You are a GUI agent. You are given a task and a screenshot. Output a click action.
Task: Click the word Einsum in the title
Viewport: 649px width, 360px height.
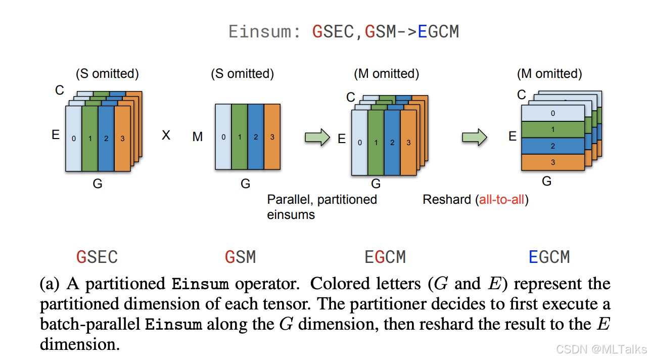coord(260,32)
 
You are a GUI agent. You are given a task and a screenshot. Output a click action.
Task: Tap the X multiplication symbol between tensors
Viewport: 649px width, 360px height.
coord(166,136)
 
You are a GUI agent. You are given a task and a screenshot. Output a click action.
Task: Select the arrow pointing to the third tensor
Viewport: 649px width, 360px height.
coord(317,137)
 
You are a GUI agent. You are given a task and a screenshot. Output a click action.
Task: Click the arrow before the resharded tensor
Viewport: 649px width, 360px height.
coord(475,137)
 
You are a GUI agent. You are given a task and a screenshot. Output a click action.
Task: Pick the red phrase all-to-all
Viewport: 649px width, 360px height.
coord(502,200)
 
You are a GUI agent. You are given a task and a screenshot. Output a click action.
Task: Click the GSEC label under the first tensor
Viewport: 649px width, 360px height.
coord(97,257)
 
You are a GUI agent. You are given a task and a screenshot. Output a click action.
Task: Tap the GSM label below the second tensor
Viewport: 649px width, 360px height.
coord(240,257)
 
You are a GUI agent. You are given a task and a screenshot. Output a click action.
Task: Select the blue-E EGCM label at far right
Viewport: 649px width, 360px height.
coord(549,257)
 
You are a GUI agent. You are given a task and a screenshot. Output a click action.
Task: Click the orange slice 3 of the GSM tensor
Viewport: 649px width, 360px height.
coord(272,137)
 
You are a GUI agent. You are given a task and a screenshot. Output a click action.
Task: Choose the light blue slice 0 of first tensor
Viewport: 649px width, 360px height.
coord(74,138)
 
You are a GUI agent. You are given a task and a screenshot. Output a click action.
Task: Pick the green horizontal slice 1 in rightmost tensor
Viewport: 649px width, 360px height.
coord(552,129)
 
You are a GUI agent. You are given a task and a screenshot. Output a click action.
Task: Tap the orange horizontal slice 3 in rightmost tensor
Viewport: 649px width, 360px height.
coord(552,162)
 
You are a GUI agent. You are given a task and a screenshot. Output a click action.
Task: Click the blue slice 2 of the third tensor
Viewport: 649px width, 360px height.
coord(392,143)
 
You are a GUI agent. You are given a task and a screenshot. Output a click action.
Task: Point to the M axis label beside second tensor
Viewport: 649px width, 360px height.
coord(198,137)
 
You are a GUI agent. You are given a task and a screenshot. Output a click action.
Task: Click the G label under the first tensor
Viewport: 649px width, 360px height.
coord(98,184)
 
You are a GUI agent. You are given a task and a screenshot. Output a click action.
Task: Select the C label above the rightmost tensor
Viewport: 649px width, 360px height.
coord(522,95)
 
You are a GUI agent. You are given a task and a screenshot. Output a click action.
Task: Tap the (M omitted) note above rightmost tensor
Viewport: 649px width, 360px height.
coord(549,74)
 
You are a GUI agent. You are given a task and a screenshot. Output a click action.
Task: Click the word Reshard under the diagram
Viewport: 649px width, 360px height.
coord(446,200)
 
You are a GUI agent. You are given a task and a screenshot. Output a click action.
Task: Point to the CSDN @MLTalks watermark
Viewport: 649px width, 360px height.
coord(601,349)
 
